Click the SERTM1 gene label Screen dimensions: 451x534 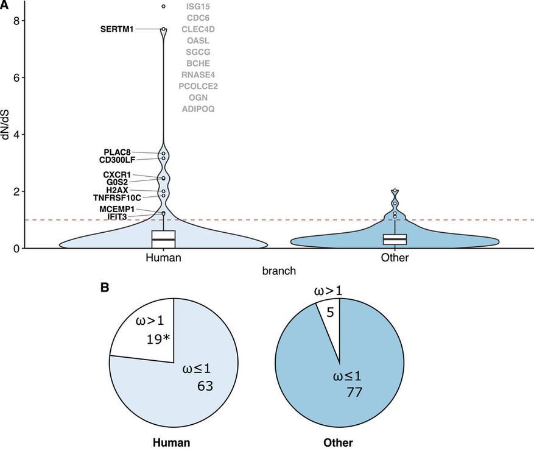coord(117,29)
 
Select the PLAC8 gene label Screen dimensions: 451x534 coord(117,152)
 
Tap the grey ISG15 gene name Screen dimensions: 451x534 coord(198,6)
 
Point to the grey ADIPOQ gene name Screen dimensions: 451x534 coord(198,109)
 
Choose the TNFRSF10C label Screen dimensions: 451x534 coord(117,198)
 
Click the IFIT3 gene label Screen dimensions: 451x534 coord(117,217)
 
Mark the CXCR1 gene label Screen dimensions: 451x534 coord(117,175)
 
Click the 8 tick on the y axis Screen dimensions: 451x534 coord(18,21)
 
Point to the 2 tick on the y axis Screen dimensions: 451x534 coord(18,191)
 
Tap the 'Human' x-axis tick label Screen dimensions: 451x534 coord(163,258)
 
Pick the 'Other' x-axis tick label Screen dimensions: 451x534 coord(395,258)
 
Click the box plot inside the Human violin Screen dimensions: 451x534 coord(163,239)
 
